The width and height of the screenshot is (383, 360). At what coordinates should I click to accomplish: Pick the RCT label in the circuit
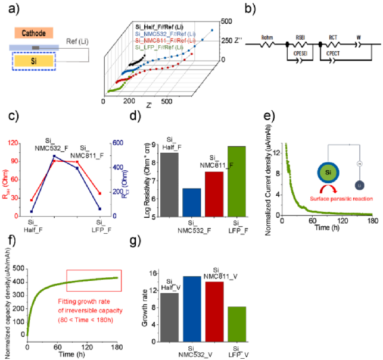pos(335,36)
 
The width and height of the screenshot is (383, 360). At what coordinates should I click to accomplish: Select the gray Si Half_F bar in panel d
pos(170,184)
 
